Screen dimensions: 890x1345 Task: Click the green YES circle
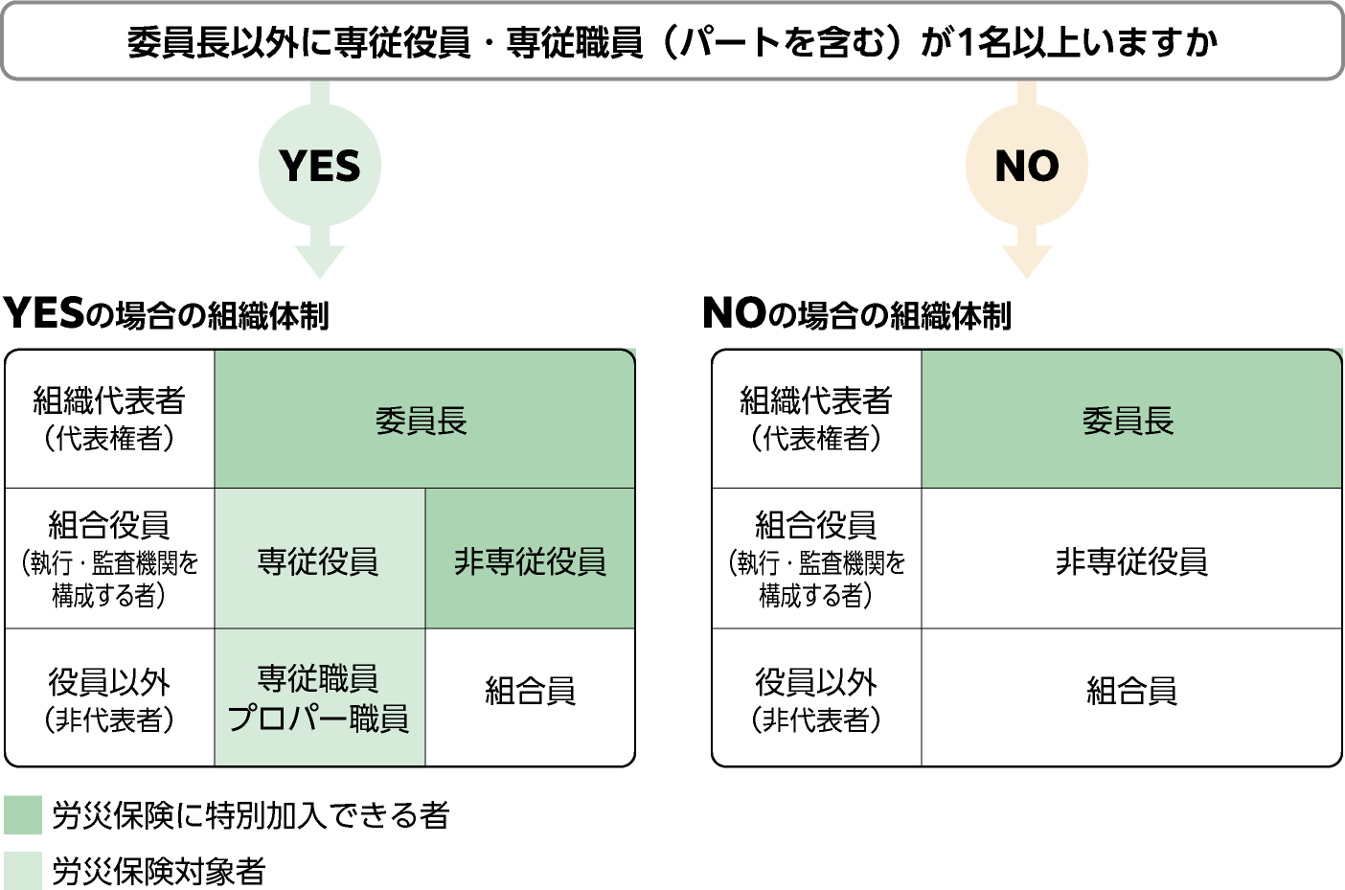click(x=320, y=166)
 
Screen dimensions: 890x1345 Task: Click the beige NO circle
click(x=1026, y=166)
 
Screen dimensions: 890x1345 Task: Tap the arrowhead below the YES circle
click(x=320, y=261)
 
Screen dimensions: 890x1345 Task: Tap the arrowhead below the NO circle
click(x=1026, y=261)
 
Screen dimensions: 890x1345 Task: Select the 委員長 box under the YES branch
click(x=423, y=420)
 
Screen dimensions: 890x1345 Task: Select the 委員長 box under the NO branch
click(x=1129, y=420)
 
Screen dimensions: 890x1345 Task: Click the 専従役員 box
click(x=319, y=559)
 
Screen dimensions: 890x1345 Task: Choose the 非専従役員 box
click(x=530, y=559)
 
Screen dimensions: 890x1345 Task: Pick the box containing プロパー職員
click(x=319, y=697)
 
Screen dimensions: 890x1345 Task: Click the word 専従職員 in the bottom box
click(x=319, y=678)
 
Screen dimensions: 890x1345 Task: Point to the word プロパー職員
click(x=319, y=719)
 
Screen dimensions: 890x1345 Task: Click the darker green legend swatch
click(x=23, y=814)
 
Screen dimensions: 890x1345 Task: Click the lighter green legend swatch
click(x=23, y=870)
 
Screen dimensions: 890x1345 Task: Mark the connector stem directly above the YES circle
click(x=320, y=93)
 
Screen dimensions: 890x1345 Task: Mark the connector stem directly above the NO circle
click(x=1026, y=93)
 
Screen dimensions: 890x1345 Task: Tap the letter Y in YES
click(x=293, y=167)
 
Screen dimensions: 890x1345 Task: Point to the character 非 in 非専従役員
click(x=468, y=560)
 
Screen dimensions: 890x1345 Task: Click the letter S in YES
click(x=346, y=167)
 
